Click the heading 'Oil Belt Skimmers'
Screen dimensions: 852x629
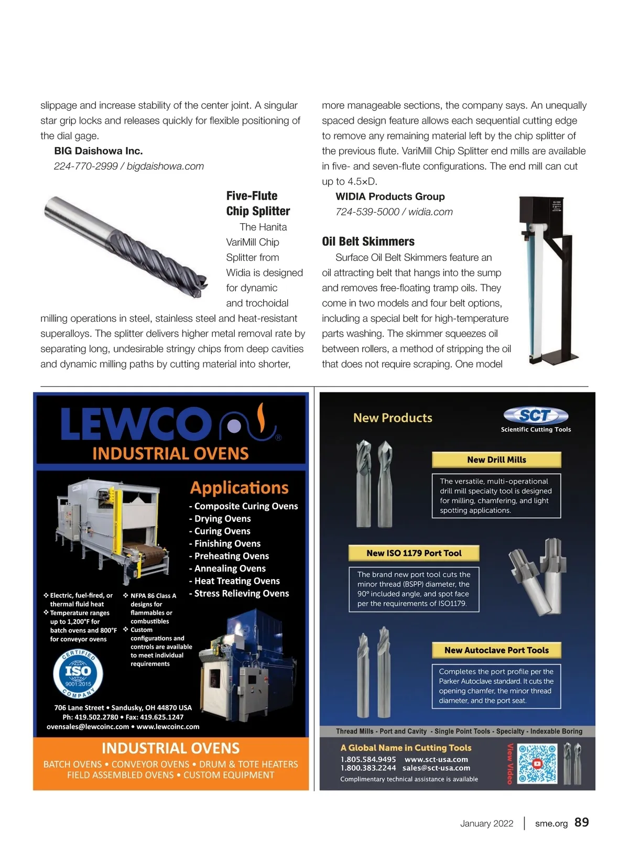pos(368,242)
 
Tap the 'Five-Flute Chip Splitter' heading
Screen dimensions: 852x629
pos(258,203)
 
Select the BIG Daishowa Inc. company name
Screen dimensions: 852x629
pos(99,151)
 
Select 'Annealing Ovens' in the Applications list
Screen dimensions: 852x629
pos(230,569)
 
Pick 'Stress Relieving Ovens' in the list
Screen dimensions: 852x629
pos(241,594)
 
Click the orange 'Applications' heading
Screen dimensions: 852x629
pos(239,488)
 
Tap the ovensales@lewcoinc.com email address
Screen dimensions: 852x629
pos(88,727)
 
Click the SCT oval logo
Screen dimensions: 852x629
pos(536,416)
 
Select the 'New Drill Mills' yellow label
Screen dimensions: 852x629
pos(496,460)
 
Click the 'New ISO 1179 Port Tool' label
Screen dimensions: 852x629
pos(414,553)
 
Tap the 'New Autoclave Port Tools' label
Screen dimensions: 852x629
pos(496,650)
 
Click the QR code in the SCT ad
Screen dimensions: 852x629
pos(537,764)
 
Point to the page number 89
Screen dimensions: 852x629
pos(582,823)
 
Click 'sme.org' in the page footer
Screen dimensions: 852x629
pos(551,824)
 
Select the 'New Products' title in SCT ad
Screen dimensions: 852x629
pos(393,418)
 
